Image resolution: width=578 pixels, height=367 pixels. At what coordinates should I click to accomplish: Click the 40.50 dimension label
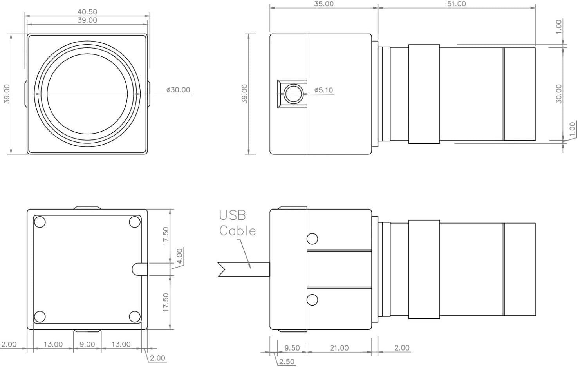(x=87, y=12)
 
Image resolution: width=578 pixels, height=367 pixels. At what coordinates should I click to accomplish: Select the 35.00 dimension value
(x=323, y=4)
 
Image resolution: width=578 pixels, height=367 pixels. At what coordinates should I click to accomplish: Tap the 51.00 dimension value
(x=456, y=4)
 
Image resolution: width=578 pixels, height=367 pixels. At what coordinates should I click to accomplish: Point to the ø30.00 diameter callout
(x=178, y=90)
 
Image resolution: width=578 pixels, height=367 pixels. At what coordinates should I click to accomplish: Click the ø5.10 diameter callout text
(x=323, y=90)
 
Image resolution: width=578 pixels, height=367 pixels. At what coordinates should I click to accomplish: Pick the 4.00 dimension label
(x=180, y=256)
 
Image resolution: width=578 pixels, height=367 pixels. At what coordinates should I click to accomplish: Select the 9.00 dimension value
(x=87, y=344)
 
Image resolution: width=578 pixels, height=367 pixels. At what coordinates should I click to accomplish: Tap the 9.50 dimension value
(x=292, y=348)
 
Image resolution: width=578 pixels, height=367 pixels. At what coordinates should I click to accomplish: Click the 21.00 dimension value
(x=339, y=348)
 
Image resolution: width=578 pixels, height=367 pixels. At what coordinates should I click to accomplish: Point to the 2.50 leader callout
(x=287, y=362)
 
